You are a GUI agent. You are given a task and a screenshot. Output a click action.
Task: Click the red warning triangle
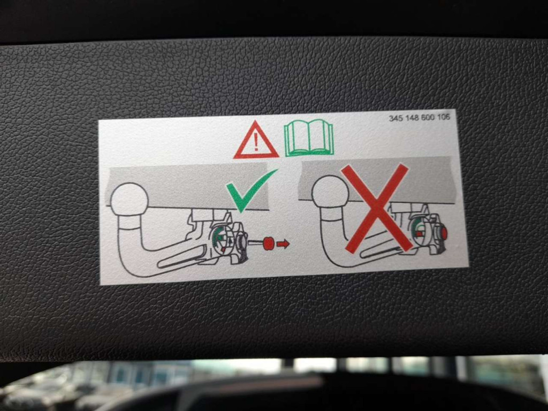coord(256,140)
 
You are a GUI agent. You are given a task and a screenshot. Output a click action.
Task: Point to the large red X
coord(376,208)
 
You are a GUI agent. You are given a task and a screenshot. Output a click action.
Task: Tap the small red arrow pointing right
coord(283,243)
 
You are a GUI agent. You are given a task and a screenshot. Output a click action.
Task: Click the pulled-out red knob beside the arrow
coord(269,243)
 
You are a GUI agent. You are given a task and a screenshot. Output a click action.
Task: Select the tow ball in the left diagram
coord(130,200)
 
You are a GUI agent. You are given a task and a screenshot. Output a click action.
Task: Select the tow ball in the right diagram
coord(330,191)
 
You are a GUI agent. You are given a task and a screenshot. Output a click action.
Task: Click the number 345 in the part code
coord(396,118)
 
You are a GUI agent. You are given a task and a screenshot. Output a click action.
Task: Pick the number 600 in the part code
coord(428,117)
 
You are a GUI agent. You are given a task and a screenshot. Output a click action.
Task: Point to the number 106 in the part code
coord(443,117)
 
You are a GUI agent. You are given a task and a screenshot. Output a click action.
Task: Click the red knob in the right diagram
coord(444,233)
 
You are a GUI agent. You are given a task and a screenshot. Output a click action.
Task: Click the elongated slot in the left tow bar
coord(182,257)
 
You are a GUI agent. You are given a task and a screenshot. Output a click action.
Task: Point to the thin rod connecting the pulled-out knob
coord(255,241)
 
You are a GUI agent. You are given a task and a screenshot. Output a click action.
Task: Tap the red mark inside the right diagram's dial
coord(418,233)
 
